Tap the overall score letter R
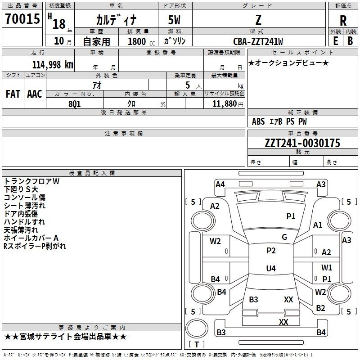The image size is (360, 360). pyautogui.click(x=343, y=21)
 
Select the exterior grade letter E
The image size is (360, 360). pyautogui.click(x=335, y=40)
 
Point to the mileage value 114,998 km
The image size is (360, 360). pyautogui.click(x=52, y=64)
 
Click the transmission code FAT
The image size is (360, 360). pyautogui.click(x=13, y=94)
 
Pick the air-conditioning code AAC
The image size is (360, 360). pyautogui.click(x=35, y=94)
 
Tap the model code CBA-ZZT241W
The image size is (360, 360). pyautogui.click(x=258, y=41)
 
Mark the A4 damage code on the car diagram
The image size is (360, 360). pyautogui.click(x=220, y=184)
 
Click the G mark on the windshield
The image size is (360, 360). pyautogui.click(x=284, y=237)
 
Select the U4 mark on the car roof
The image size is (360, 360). pyautogui.click(x=270, y=269)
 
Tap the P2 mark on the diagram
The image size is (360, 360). pyautogui.click(x=270, y=251)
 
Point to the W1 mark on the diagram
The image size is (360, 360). pyautogui.click(x=327, y=268)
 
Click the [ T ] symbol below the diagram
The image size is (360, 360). pyautogui.click(x=197, y=344)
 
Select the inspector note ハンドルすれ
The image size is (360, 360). pyautogui.click(x=24, y=221)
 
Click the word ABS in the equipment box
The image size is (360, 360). pyautogui.click(x=258, y=121)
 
